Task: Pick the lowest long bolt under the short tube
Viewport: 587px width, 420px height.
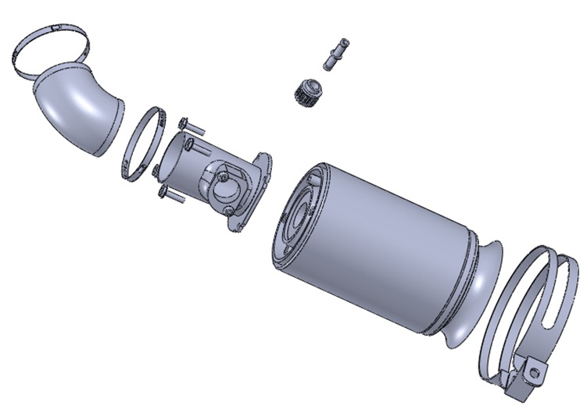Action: coord(172,195)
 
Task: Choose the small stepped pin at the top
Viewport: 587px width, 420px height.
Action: coord(335,55)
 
